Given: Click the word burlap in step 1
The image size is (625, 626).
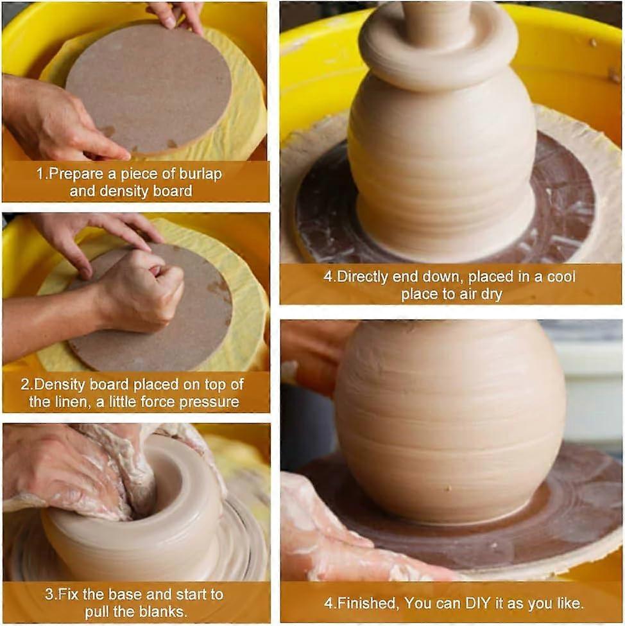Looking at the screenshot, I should pos(200,174).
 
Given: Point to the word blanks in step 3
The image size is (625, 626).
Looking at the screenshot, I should pos(165,613).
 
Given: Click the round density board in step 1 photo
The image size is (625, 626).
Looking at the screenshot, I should pos(148,87).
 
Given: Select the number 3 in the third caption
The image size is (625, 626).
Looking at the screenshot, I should pos(48,595).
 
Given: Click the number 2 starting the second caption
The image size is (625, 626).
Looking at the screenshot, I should pos(24,385).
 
